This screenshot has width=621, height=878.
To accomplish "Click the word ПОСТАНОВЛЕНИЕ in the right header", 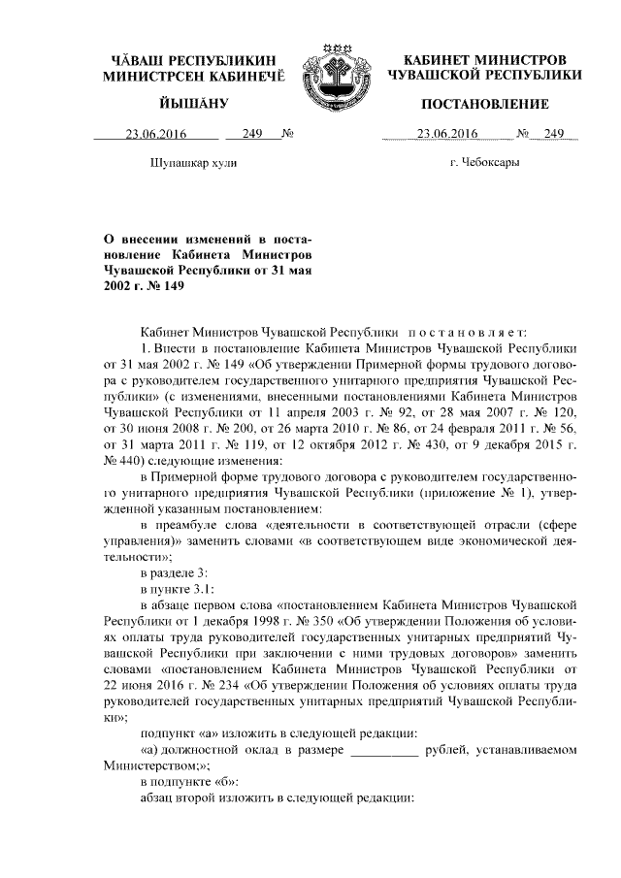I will [x=484, y=104].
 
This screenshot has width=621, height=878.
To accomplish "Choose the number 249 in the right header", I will [x=553, y=135].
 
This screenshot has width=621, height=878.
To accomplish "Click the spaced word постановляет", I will [x=472, y=331].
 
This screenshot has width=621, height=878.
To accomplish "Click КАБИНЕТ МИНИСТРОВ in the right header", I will [x=484, y=59].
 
